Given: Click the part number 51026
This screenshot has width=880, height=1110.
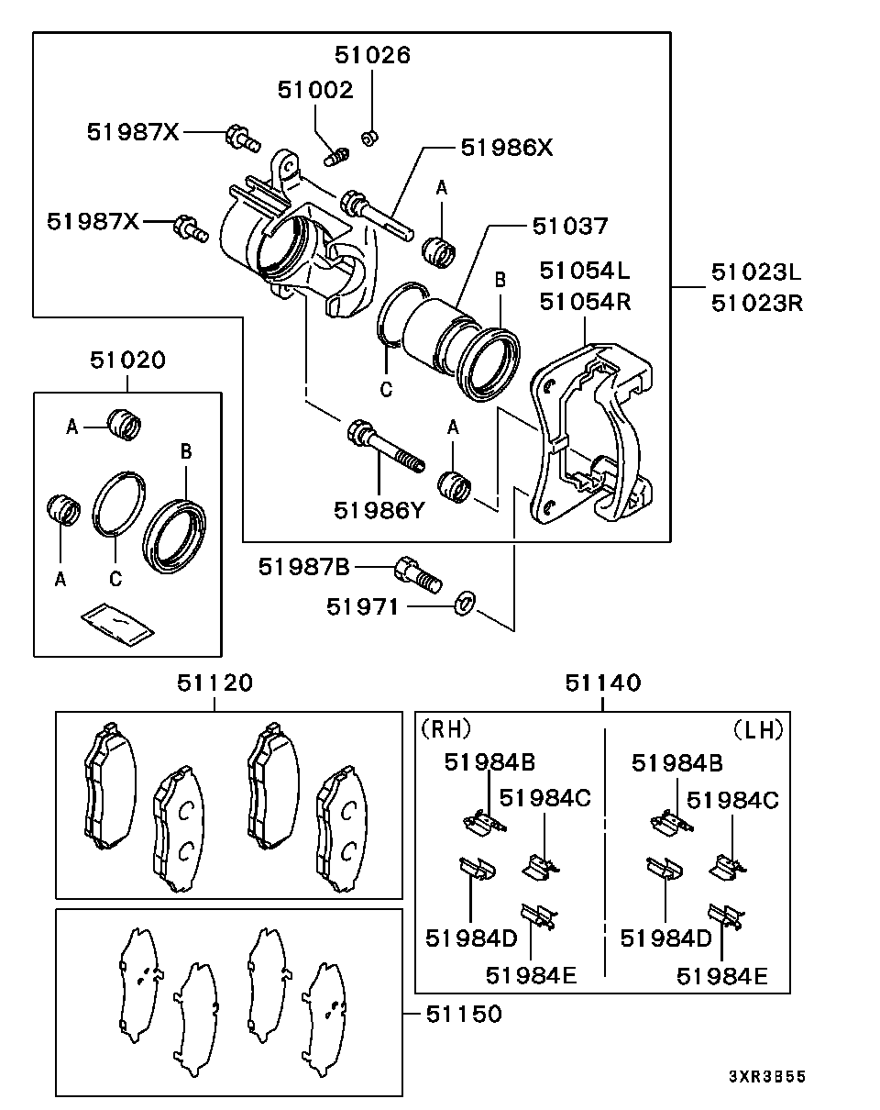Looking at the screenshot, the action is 372,55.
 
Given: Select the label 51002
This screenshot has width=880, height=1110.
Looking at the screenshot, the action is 315,90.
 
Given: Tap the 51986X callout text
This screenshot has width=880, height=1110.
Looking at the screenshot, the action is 506,148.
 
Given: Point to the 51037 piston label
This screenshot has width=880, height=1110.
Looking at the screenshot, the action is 569,226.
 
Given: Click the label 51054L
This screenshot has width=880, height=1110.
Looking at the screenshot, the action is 585,271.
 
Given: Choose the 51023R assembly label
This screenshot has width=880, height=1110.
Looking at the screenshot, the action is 757,304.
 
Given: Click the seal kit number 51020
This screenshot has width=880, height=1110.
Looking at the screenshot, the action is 127,360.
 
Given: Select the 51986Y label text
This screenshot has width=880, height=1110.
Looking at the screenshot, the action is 379,511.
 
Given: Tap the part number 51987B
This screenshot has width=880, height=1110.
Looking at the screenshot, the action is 303,567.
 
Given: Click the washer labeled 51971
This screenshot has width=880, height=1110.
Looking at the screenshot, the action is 465,603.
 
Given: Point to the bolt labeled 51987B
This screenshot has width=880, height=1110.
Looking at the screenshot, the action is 419,574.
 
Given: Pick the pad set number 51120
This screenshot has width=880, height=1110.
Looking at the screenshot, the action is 215,683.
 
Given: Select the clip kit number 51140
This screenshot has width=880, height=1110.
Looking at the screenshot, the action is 602,683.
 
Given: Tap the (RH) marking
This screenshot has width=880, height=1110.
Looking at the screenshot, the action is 445,729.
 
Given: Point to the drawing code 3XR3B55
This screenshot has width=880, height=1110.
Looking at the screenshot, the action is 767,1076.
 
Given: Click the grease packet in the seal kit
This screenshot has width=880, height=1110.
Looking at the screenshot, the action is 118,625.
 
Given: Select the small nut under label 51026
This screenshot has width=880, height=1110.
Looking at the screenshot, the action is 369,138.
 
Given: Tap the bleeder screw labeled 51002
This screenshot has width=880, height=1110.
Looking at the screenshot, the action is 336,156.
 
